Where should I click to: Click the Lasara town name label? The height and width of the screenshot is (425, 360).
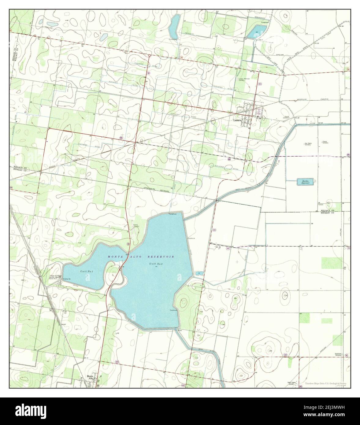pyautogui.click(x=237, y=120)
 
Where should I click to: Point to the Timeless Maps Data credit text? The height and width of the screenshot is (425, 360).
pyautogui.click(x=325, y=383)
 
